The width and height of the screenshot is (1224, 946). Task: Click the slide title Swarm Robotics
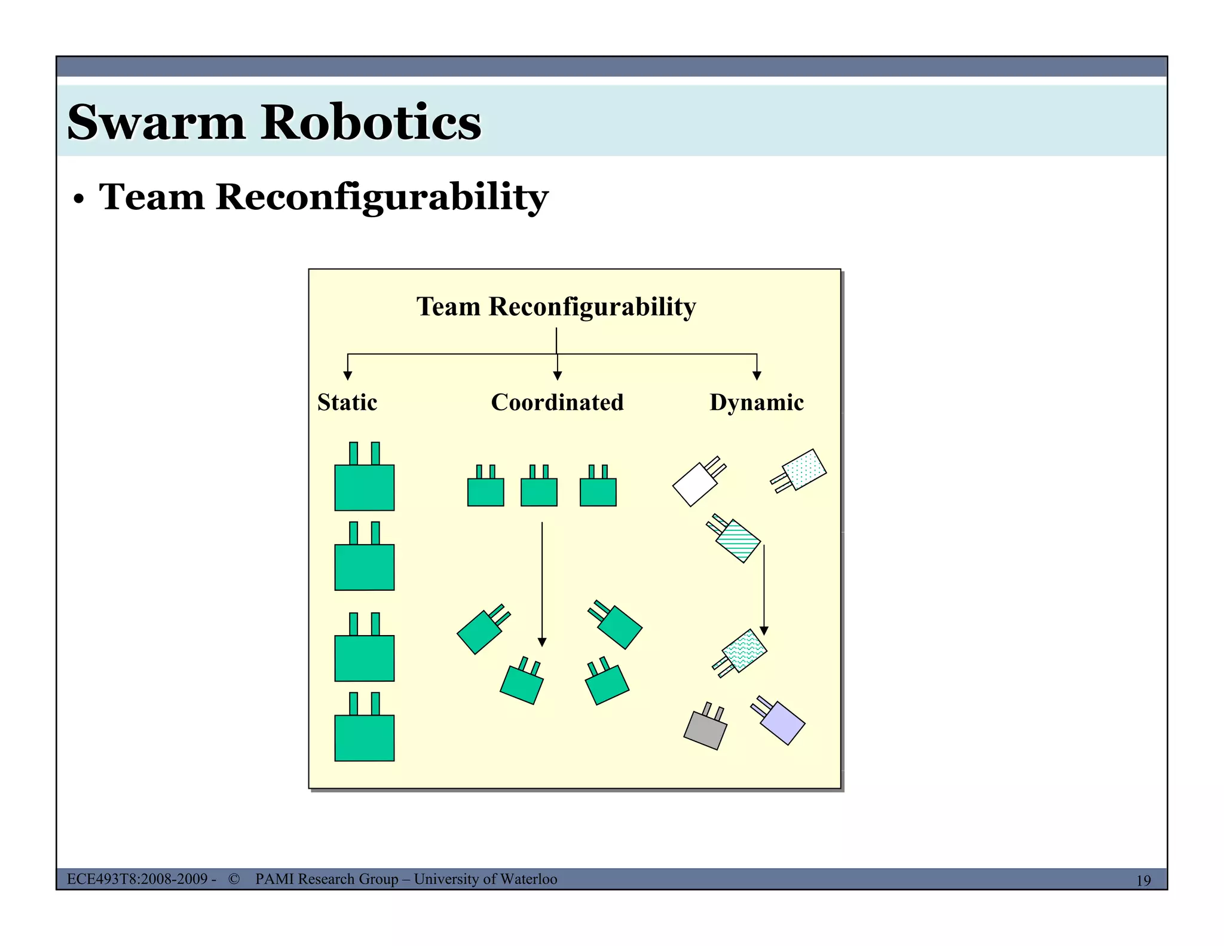[x=274, y=122]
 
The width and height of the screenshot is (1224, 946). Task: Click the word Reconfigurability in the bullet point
[x=381, y=197]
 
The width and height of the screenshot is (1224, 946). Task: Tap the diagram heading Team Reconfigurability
[x=556, y=307]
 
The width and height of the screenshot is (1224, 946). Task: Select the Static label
[x=347, y=402]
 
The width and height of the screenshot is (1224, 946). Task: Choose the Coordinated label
[x=557, y=402]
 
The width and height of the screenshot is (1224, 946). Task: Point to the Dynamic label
[x=756, y=402]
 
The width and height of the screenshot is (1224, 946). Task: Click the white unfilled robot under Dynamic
[x=695, y=484]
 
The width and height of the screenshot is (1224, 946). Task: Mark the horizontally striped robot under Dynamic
[x=738, y=540]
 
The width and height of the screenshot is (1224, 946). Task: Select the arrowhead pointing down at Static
[x=348, y=376]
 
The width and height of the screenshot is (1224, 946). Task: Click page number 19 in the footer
[x=1143, y=880]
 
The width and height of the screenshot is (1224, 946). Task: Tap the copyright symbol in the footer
[x=234, y=879]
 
